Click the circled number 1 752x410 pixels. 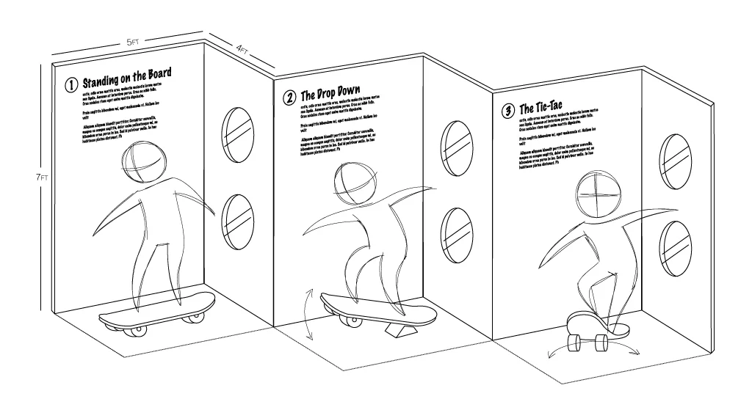pos(71,85)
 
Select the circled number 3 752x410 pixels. pos(507,111)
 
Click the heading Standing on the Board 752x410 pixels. pos(126,77)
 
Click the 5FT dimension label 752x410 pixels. pos(132,43)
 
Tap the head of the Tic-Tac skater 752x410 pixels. pos(598,192)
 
